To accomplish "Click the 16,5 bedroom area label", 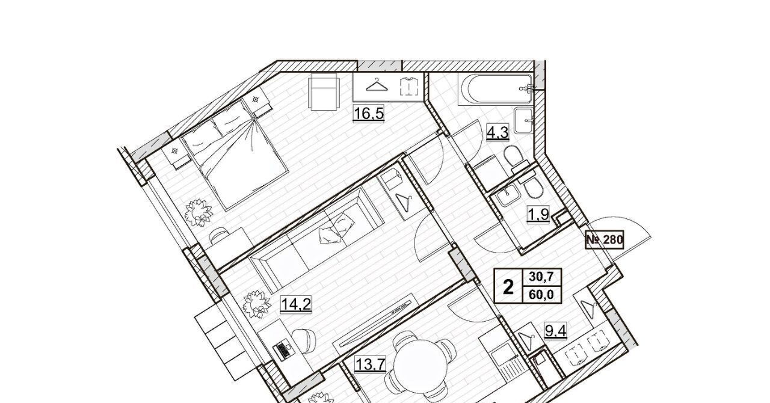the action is (x=369, y=114).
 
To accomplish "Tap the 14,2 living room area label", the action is (x=296, y=304).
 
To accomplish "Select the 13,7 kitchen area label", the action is (x=369, y=364).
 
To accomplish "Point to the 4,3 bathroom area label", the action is (x=497, y=132).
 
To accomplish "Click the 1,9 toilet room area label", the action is (x=538, y=215).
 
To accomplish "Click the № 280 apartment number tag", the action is (x=605, y=239).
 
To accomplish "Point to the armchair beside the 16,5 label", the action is (x=324, y=92).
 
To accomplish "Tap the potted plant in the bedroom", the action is (x=199, y=213).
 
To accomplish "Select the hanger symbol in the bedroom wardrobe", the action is (x=377, y=85).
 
